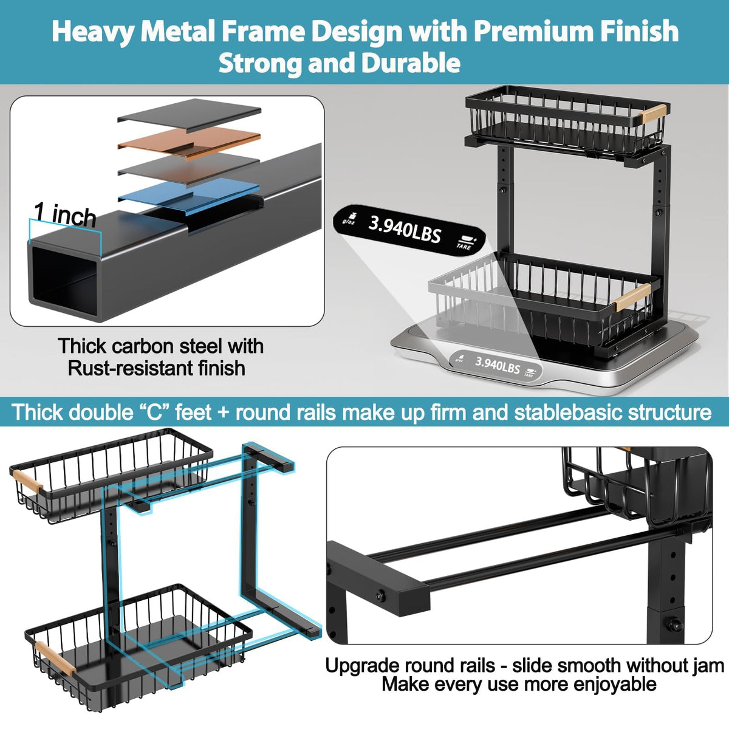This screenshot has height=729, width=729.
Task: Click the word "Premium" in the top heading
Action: (x=532, y=31)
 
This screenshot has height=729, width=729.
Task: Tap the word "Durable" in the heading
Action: (x=411, y=63)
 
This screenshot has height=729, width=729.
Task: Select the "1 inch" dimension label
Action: (x=65, y=214)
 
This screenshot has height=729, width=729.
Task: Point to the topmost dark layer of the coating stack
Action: (x=189, y=114)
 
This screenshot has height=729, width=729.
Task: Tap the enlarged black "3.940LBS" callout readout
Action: (x=405, y=229)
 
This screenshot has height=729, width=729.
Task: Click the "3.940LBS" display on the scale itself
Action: (x=497, y=364)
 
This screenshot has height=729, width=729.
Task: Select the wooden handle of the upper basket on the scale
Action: (x=654, y=113)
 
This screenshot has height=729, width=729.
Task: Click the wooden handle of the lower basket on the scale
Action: (x=632, y=296)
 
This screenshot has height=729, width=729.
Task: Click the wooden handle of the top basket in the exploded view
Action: (x=27, y=481)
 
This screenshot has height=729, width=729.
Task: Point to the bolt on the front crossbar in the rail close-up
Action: (x=380, y=596)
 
